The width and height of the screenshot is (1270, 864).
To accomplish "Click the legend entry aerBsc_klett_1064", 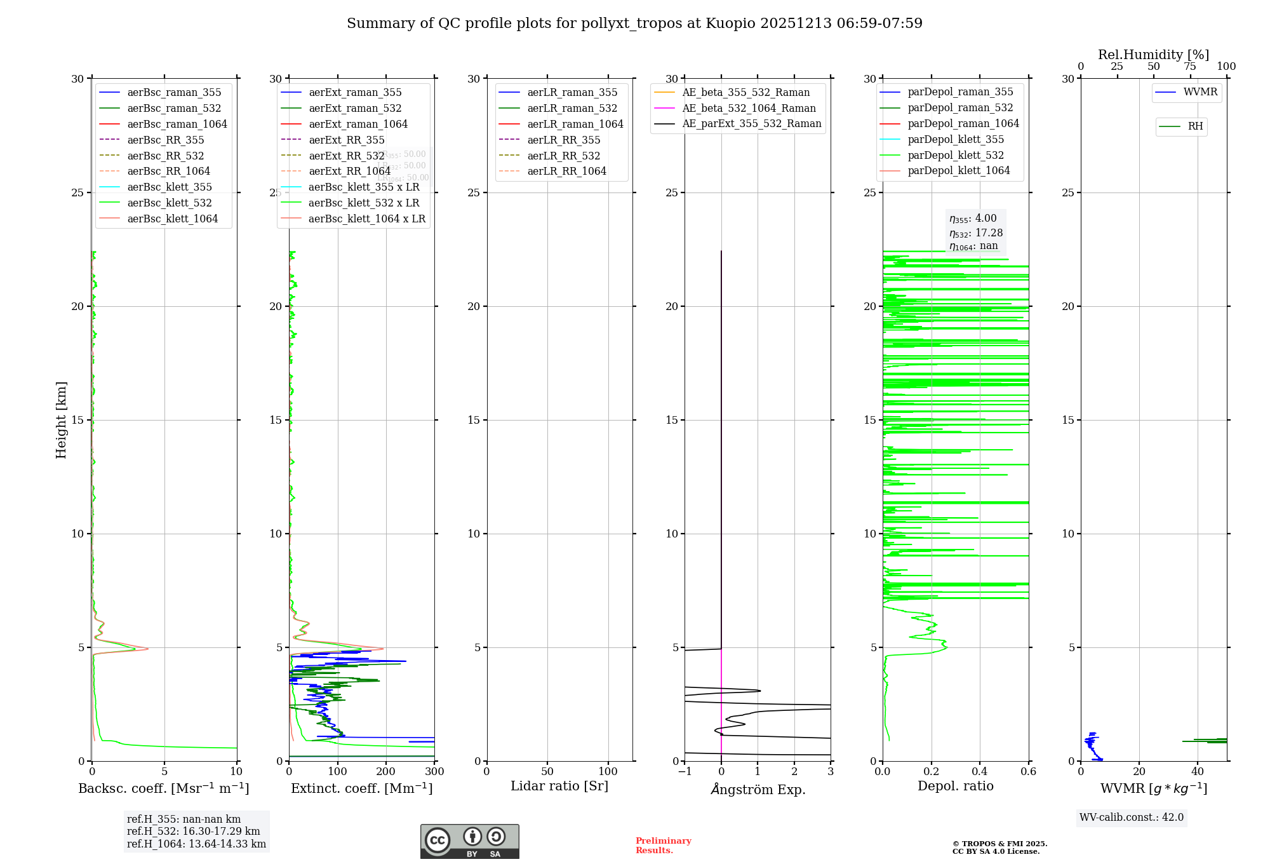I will click(172, 219).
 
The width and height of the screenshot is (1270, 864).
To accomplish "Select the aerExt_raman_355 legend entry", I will click(355, 93).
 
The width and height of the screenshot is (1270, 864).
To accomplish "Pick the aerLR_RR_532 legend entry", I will click(563, 156).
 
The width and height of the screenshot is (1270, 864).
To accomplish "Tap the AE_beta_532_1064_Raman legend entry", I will click(749, 108).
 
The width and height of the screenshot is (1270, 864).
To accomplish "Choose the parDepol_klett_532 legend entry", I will click(955, 155).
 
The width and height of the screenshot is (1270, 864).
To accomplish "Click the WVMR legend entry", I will click(1200, 92).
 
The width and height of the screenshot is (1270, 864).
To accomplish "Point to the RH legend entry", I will click(1194, 126).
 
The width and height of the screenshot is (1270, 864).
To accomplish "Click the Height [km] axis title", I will click(61, 420).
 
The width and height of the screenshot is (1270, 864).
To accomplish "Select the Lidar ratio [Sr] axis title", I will click(559, 786).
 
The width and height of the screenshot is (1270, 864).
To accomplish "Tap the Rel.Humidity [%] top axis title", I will click(1153, 55).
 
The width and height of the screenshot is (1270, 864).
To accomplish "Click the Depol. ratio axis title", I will click(955, 786).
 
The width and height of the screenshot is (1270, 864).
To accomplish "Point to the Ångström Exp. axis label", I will click(758, 789).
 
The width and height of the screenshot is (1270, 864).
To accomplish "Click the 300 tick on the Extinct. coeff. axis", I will click(434, 772).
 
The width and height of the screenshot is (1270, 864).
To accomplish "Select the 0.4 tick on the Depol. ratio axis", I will click(980, 772).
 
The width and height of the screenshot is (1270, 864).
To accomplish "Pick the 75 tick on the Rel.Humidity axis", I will click(1189, 67).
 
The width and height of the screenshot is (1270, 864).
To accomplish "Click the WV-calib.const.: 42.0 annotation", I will click(1131, 818).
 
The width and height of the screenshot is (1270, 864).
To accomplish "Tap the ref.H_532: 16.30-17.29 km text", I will click(193, 832).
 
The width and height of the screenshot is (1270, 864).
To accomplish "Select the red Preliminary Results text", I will click(663, 846).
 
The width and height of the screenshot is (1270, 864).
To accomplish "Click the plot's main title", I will click(634, 24).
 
